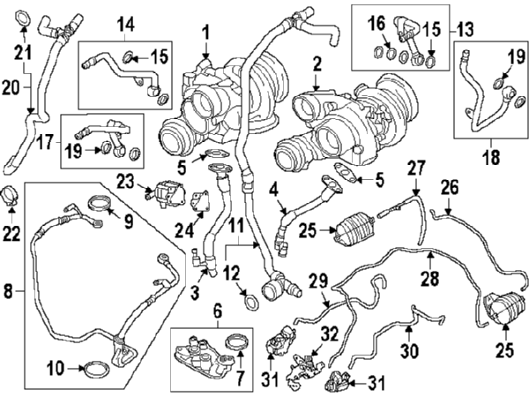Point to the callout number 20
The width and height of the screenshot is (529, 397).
11,88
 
